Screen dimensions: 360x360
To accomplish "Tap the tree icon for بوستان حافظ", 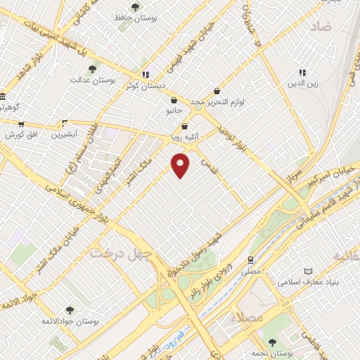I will [x=136, y=7].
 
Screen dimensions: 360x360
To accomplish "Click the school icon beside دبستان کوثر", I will [x=146, y=75].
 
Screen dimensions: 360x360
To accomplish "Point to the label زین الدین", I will [x=302, y=84].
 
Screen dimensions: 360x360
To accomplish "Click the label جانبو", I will [x=173, y=111].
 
